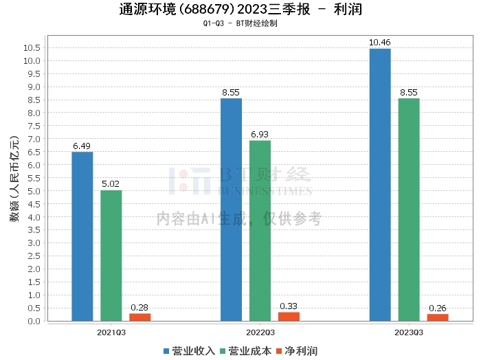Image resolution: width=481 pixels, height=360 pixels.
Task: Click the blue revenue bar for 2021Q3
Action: (82, 236)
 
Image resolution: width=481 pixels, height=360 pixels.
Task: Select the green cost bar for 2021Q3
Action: (111, 256)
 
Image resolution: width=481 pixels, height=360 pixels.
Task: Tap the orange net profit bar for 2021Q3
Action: (140, 317)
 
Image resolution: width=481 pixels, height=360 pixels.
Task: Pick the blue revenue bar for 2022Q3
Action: (231, 210)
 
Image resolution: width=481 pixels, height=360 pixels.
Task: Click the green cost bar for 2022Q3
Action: (260, 231)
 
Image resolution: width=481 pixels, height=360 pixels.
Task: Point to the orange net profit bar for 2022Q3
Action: (289, 316)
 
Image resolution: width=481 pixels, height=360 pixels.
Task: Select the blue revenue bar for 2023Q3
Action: (380, 185)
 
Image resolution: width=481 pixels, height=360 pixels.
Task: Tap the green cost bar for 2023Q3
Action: (409, 210)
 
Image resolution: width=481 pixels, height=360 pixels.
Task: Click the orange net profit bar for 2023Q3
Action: (438, 317)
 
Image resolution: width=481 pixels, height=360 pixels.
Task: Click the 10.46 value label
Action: (380, 43)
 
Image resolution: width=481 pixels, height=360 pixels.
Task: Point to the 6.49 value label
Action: (82, 146)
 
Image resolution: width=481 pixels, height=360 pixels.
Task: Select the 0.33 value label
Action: (289, 306)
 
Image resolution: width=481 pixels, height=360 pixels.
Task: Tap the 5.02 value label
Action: (111, 184)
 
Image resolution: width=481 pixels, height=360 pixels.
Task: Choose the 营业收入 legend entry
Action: (190, 350)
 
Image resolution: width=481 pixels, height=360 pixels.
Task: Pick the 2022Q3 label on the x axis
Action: (260, 332)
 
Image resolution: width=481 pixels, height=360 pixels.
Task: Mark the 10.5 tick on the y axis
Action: (31, 47)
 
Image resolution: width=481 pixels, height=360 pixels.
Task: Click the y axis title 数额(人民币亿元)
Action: (14, 183)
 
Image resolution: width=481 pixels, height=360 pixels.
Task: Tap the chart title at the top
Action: (240, 10)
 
